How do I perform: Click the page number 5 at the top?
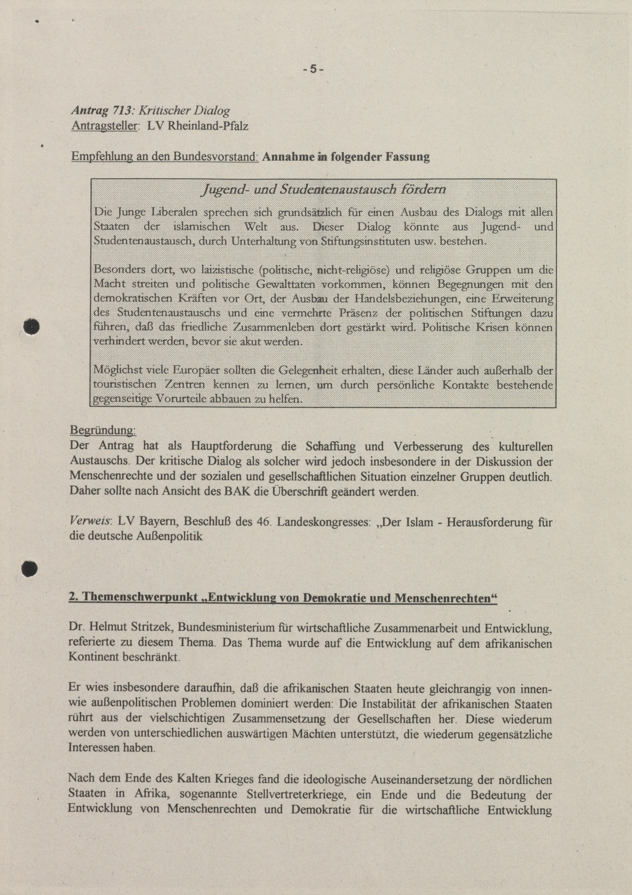313,70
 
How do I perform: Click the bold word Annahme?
289,157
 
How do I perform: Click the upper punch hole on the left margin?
31,326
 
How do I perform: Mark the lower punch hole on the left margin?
29,569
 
